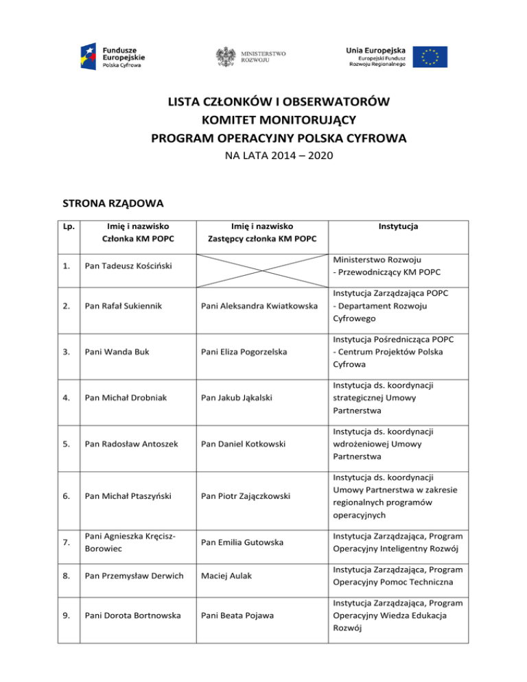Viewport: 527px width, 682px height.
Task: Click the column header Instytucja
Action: pos(398,226)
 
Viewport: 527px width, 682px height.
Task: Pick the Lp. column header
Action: pos(69,226)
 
